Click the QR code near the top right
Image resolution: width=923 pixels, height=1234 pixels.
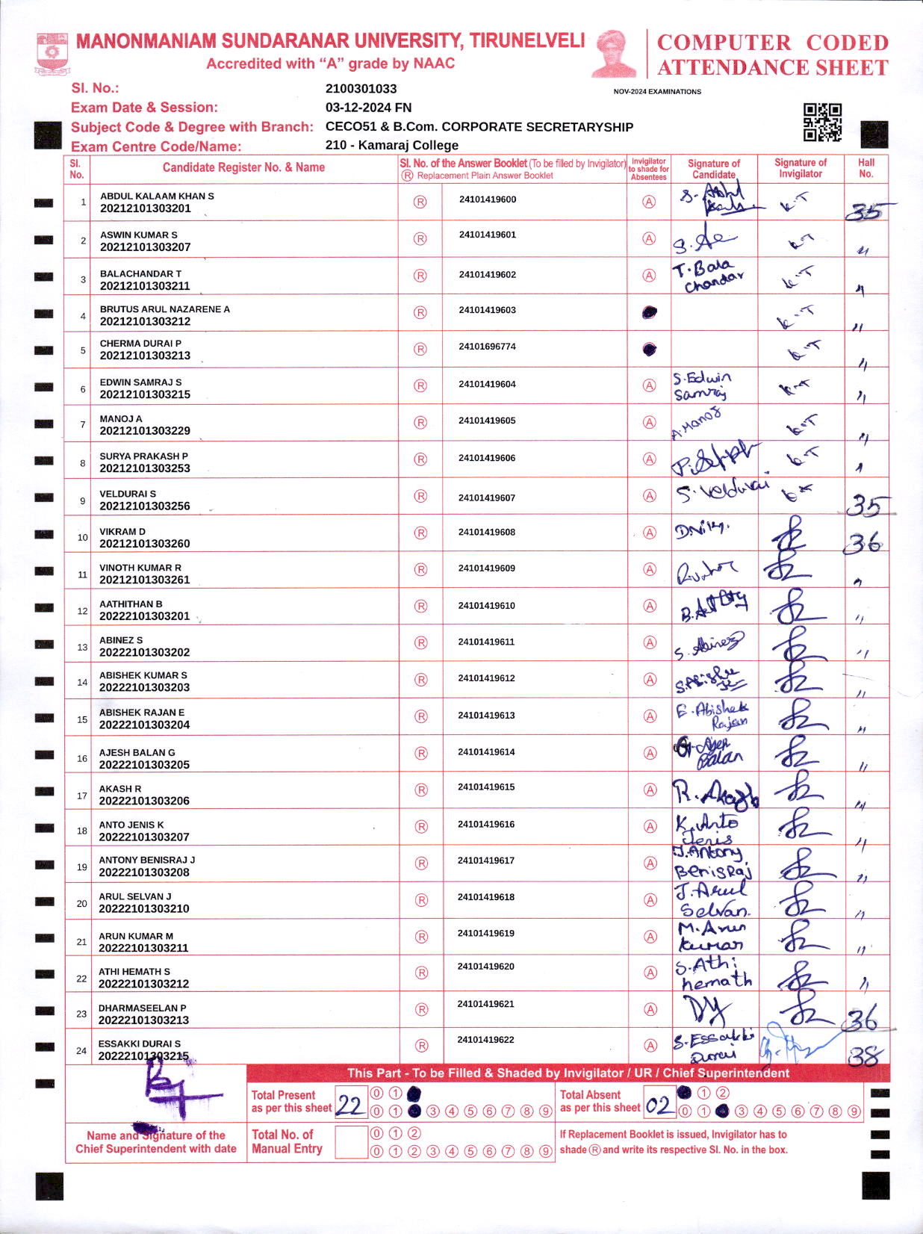click(x=822, y=123)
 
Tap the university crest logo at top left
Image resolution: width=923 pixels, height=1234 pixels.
click(x=52, y=53)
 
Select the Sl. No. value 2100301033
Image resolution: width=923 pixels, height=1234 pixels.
click(x=361, y=89)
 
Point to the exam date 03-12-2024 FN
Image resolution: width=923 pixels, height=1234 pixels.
click(x=368, y=108)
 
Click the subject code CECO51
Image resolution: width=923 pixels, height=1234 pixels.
click(x=351, y=127)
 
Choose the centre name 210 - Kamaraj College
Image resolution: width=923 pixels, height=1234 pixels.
click(x=392, y=145)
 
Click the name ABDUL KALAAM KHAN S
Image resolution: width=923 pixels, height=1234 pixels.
click(x=157, y=196)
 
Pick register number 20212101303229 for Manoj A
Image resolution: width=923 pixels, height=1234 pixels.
click(x=145, y=431)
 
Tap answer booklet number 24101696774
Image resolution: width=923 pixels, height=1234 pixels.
click(x=487, y=347)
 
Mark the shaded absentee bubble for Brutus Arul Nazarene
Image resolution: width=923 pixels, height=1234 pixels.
click(x=650, y=313)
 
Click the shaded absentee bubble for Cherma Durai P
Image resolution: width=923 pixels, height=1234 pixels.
click(x=650, y=349)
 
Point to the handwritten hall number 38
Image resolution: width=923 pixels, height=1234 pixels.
click(x=864, y=1056)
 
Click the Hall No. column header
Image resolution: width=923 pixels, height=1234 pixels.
click(x=866, y=168)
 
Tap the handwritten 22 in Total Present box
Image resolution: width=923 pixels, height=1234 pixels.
click(x=349, y=1104)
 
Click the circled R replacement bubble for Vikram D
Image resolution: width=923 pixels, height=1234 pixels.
click(x=421, y=533)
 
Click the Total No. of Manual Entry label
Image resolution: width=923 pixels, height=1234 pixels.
click(x=287, y=1141)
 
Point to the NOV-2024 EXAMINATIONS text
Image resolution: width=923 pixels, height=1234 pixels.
click(x=657, y=92)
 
